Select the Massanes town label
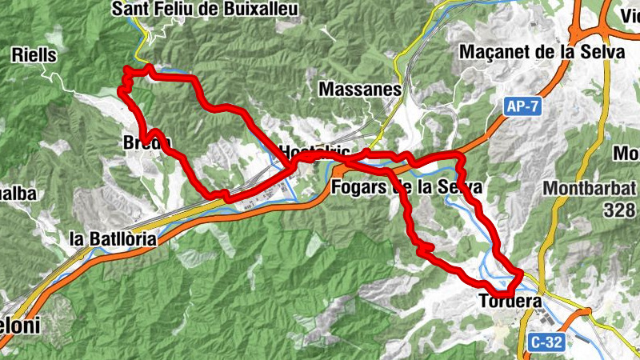359,90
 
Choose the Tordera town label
509,302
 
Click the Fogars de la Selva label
406,187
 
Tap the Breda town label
147,142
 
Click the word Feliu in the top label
166,9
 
